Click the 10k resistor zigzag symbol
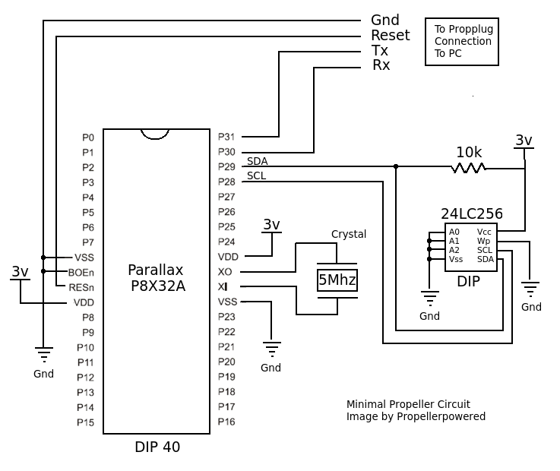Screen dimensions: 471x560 click(468, 167)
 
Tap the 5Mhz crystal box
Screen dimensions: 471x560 click(337, 280)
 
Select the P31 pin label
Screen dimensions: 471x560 click(226, 138)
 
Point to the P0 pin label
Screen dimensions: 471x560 click(88, 138)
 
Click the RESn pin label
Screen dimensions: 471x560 click(81, 287)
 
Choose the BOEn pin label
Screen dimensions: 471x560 click(81, 272)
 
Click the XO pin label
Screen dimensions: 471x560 click(225, 272)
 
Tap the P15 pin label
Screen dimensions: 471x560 click(85, 422)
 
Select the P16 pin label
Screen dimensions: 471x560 click(226, 422)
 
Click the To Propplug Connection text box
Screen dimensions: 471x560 click(462, 42)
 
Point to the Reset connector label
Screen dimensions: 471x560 click(390, 35)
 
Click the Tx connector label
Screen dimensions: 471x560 click(379, 50)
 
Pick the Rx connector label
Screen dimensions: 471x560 click(381, 65)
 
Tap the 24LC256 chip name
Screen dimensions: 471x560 click(471, 214)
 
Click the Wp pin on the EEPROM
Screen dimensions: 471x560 click(484, 241)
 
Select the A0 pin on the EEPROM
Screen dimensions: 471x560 click(454, 232)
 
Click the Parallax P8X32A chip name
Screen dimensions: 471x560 click(156, 278)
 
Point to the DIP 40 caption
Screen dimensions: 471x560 click(157, 447)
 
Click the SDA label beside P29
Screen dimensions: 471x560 click(257, 161)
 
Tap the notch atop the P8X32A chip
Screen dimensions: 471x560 click(155, 134)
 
